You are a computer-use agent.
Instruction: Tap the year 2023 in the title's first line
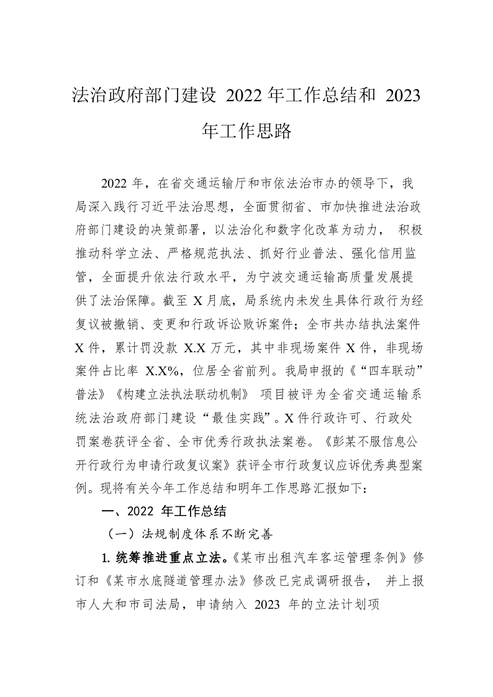[x=403, y=96]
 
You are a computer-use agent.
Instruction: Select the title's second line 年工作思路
[x=246, y=131]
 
